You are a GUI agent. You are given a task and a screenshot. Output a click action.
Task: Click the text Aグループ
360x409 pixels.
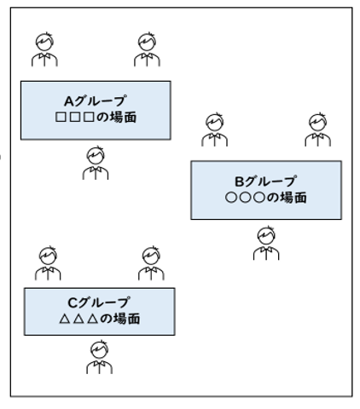(95, 101)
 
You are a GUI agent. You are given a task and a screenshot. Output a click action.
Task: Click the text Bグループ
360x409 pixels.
(265, 181)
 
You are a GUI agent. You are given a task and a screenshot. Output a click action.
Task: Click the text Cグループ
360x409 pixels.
(99, 302)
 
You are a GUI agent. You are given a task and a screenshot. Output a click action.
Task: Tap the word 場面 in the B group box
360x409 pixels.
(293, 198)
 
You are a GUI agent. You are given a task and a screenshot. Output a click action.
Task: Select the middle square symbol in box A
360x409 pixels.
(75, 118)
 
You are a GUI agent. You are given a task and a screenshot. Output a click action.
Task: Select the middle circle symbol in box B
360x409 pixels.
(245, 198)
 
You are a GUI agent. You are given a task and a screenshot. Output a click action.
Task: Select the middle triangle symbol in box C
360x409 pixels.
(78, 319)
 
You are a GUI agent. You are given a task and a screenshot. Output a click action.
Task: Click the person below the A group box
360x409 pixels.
(96, 163)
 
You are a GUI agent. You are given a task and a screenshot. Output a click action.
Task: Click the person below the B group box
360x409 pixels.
(266, 243)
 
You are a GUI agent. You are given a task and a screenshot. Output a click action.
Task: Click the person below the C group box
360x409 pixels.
(100, 357)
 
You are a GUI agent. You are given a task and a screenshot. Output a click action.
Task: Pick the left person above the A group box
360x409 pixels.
(44, 49)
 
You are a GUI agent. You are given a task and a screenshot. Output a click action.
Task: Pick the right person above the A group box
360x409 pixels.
(147, 49)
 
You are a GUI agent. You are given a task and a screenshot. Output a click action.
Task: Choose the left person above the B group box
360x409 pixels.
(215, 130)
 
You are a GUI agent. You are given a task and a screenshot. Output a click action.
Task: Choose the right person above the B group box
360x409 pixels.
(318, 130)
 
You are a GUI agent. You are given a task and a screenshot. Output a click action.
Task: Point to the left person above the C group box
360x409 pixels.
(48, 263)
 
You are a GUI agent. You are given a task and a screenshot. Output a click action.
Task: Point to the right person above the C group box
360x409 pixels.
(151, 263)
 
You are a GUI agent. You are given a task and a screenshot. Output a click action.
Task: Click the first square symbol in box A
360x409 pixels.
(61, 118)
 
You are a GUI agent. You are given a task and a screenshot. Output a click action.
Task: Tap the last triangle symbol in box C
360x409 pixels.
(93, 319)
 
